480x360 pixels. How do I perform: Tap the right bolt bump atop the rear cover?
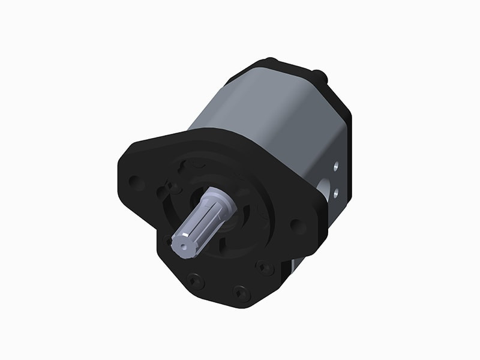[322, 76]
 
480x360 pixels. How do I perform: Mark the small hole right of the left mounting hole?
[161, 193]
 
